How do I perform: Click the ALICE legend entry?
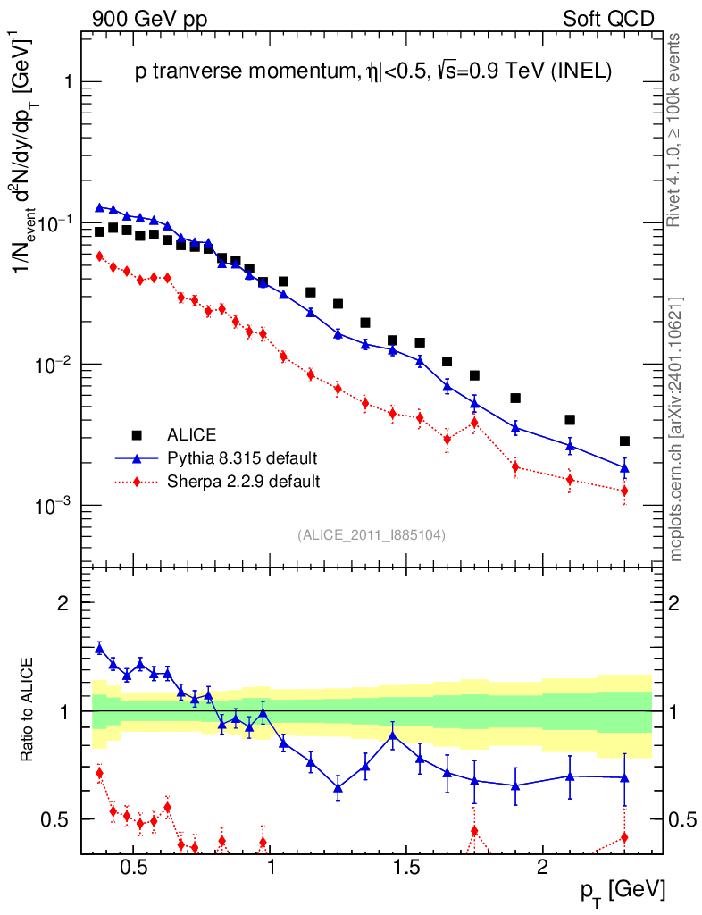coord(191,435)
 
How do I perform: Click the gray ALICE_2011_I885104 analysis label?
coord(372,534)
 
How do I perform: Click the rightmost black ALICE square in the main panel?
coord(624,441)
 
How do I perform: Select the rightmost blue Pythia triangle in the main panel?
coord(624,466)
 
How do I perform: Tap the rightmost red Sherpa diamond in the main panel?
coord(624,491)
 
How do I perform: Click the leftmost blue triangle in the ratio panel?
coord(99,648)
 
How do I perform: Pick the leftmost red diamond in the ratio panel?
coord(99,773)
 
